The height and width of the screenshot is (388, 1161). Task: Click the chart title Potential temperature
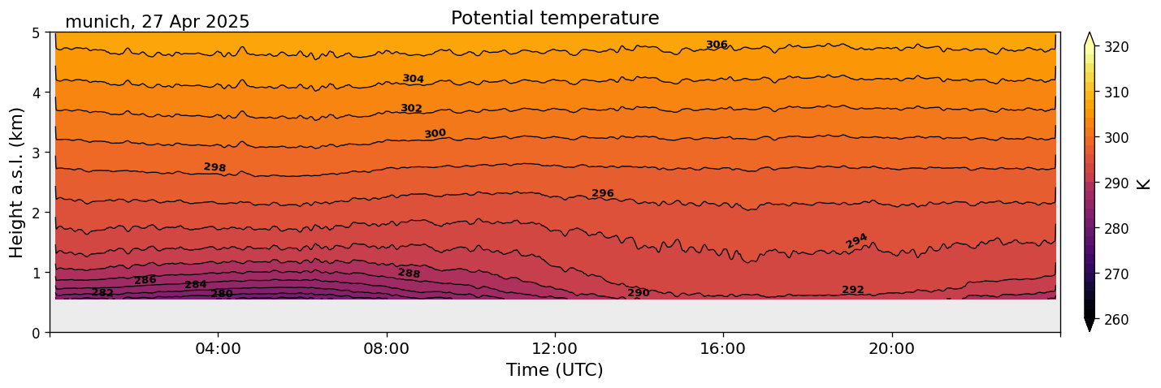555,18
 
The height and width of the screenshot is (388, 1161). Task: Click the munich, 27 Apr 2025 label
157,22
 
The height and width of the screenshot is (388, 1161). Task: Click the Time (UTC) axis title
555,370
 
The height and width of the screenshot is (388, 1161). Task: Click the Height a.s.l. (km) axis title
17,182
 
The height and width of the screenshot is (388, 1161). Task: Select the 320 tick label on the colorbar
1116,47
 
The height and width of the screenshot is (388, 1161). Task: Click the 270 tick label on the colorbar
1116,274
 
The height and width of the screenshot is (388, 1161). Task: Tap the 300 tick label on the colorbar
1116,138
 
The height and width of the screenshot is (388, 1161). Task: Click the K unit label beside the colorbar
1144,183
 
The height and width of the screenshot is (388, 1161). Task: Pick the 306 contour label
717,45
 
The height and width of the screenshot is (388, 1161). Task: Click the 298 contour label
214,167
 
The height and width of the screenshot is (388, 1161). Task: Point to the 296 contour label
603,193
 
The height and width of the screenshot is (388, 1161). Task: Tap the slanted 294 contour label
856,240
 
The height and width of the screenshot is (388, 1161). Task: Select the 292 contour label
853,290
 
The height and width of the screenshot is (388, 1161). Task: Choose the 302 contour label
411,108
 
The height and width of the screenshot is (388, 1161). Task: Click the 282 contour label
102,292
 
